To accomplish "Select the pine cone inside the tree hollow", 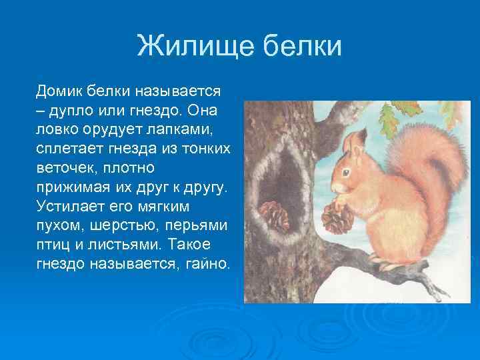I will pyautogui.click(x=274, y=215).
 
